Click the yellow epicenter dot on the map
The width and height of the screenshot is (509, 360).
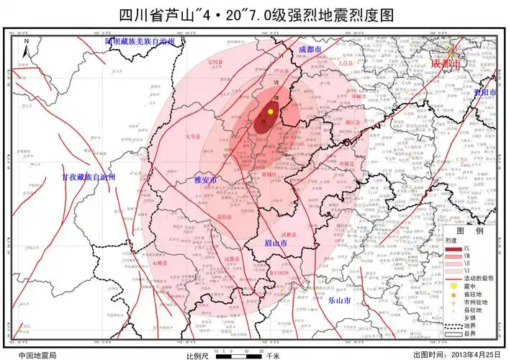271,112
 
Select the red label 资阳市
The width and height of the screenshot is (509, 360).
485,93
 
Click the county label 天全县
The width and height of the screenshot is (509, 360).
193,135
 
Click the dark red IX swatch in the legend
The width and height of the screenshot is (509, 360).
453,248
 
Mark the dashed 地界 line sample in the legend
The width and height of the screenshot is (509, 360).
452,325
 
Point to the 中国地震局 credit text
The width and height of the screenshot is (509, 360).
37,355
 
